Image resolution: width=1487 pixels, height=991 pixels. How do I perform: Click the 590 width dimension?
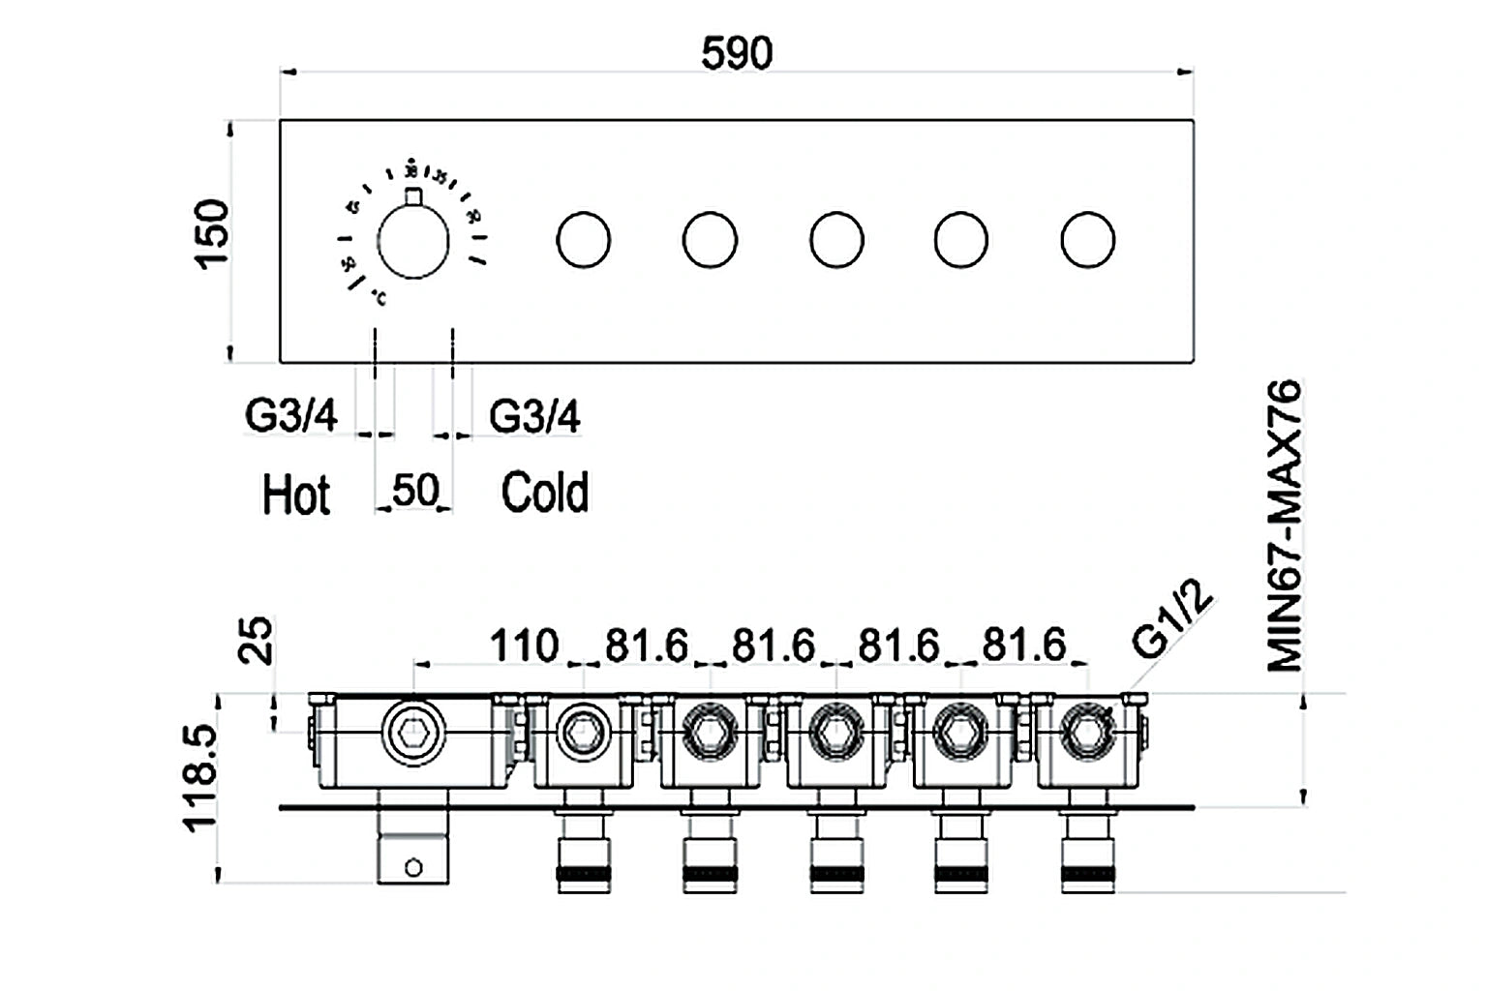point(737,53)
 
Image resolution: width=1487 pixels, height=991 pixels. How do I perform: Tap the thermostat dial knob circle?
point(413,242)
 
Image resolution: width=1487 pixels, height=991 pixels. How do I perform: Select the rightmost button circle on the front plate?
point(1087,240)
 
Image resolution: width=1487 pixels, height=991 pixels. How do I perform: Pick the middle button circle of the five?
point(836,240)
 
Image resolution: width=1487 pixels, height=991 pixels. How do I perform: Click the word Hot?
point(296,495)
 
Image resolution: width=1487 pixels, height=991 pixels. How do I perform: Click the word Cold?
point(544,493)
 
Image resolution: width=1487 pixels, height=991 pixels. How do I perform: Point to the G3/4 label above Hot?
point(291,416)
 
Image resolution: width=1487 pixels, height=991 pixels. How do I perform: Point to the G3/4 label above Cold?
point(534,416)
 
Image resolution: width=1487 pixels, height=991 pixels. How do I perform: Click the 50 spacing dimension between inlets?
point(415,491)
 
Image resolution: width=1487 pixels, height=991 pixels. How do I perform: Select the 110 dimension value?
point(524,646)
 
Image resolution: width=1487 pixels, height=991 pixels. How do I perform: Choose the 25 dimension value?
point(257,642)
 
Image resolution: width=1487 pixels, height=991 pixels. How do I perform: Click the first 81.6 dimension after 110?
point(647,646)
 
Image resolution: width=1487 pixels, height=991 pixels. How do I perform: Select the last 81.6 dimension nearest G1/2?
point(1024,646)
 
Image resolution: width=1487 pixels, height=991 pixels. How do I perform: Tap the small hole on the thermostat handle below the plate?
point(413,868)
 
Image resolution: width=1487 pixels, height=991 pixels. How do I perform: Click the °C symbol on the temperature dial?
point(378,299)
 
